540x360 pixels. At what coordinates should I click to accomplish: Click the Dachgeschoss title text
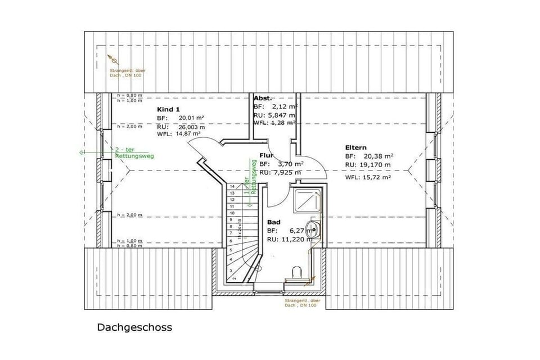pyautogui.click(x=134, y=327)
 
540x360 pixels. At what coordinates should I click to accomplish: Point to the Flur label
pyautogui.click(x=266, y=155)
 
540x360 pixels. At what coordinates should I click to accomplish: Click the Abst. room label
pyautogui.click(x=263, y=98)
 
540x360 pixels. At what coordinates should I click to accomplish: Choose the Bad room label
pyautogui.click(x=273, y=222)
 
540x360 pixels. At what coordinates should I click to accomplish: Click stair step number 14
pyautogui.click(x=231, y=186)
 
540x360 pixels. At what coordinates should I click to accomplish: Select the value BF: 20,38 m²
pyautogui.click(x=369, y=156)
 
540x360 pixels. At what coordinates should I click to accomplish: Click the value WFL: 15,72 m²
pyautogui.click(x=368, y=177)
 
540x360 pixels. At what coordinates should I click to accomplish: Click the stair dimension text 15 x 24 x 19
pyautogui.click(x=240, y=231)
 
